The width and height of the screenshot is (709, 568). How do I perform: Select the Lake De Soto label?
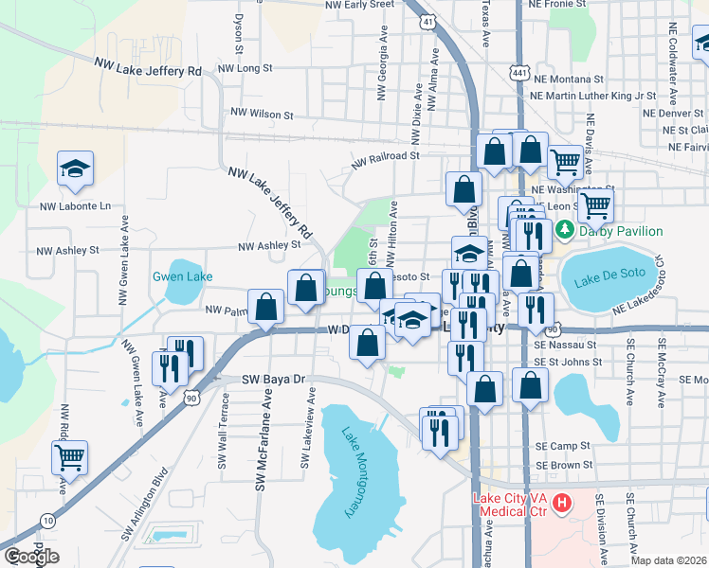pyautogui.click(x=609, y=278)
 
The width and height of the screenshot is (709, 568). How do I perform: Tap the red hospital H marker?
pyautogui.click(x=561, y=500)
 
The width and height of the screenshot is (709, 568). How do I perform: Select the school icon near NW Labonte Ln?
pyautogui.click(x=75, y=170)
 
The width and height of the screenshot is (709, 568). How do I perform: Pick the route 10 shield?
pyautogui.click(x=47, y=520)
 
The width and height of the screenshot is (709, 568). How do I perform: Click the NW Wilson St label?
pyautogui.click(x=262, y=115)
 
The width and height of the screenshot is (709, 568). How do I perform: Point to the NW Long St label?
pyautogui.click(x=245, y=68)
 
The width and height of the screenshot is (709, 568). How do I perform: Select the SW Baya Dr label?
pyautogui.click(x=277, y=379)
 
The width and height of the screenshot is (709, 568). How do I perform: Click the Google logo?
pyautogui.click(x=31, y=557)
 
